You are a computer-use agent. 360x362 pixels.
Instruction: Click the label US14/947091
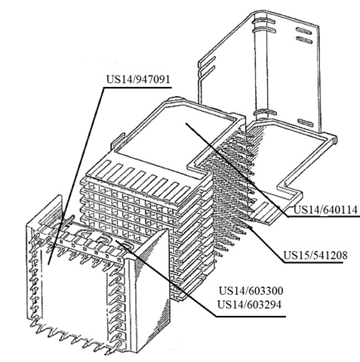[138, 79]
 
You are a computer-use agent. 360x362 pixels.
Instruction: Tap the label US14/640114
[325, 209]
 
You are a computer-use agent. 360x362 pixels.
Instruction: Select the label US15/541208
[315, 255]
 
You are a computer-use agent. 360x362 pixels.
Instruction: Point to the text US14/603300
[251, 291]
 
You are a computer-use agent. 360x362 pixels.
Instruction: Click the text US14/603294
[249, 305]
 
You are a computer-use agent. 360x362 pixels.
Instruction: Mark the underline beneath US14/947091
[137, 88]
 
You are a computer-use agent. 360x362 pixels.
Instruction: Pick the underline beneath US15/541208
[314, 263]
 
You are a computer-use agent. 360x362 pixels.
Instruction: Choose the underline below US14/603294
[251, 317]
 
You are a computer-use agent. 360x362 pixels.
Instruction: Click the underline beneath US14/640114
[324, 217]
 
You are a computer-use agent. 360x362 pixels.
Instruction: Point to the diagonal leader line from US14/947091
[75, 176]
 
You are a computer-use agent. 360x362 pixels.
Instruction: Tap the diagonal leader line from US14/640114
[237, 169]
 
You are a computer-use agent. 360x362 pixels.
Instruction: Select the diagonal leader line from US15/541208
[267, 244]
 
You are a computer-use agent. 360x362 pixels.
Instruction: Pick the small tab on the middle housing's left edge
[118, 141]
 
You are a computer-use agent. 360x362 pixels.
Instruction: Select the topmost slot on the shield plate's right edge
[305, 30]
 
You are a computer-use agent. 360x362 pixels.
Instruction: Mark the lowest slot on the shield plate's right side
[306, 122]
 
